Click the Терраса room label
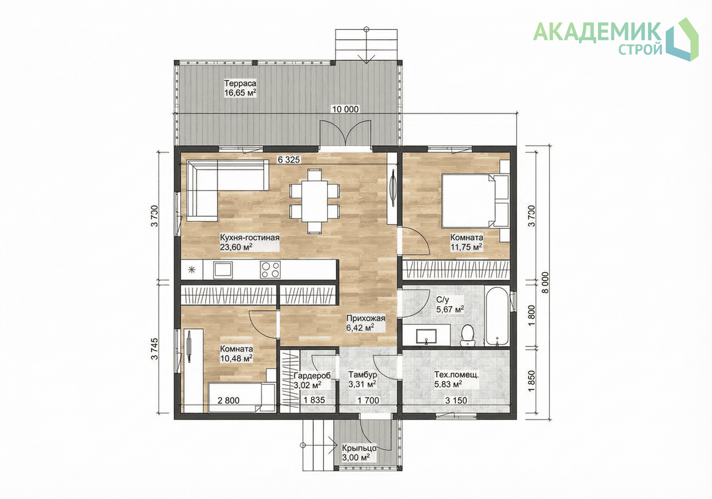[240, 83]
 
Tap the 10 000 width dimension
[345, 109]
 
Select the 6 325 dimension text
[289, 159]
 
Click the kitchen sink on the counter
[223, 270]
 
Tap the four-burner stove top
[270, 270]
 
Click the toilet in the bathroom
[467, 335]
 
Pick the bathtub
[497, 317]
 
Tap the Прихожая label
[366, 318]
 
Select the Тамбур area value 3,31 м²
[362, 385]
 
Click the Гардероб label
[312, 376]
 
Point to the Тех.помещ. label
[457, 375]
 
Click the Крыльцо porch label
[359, 448]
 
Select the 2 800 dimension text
[229, 401]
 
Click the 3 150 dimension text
[456, 401]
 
